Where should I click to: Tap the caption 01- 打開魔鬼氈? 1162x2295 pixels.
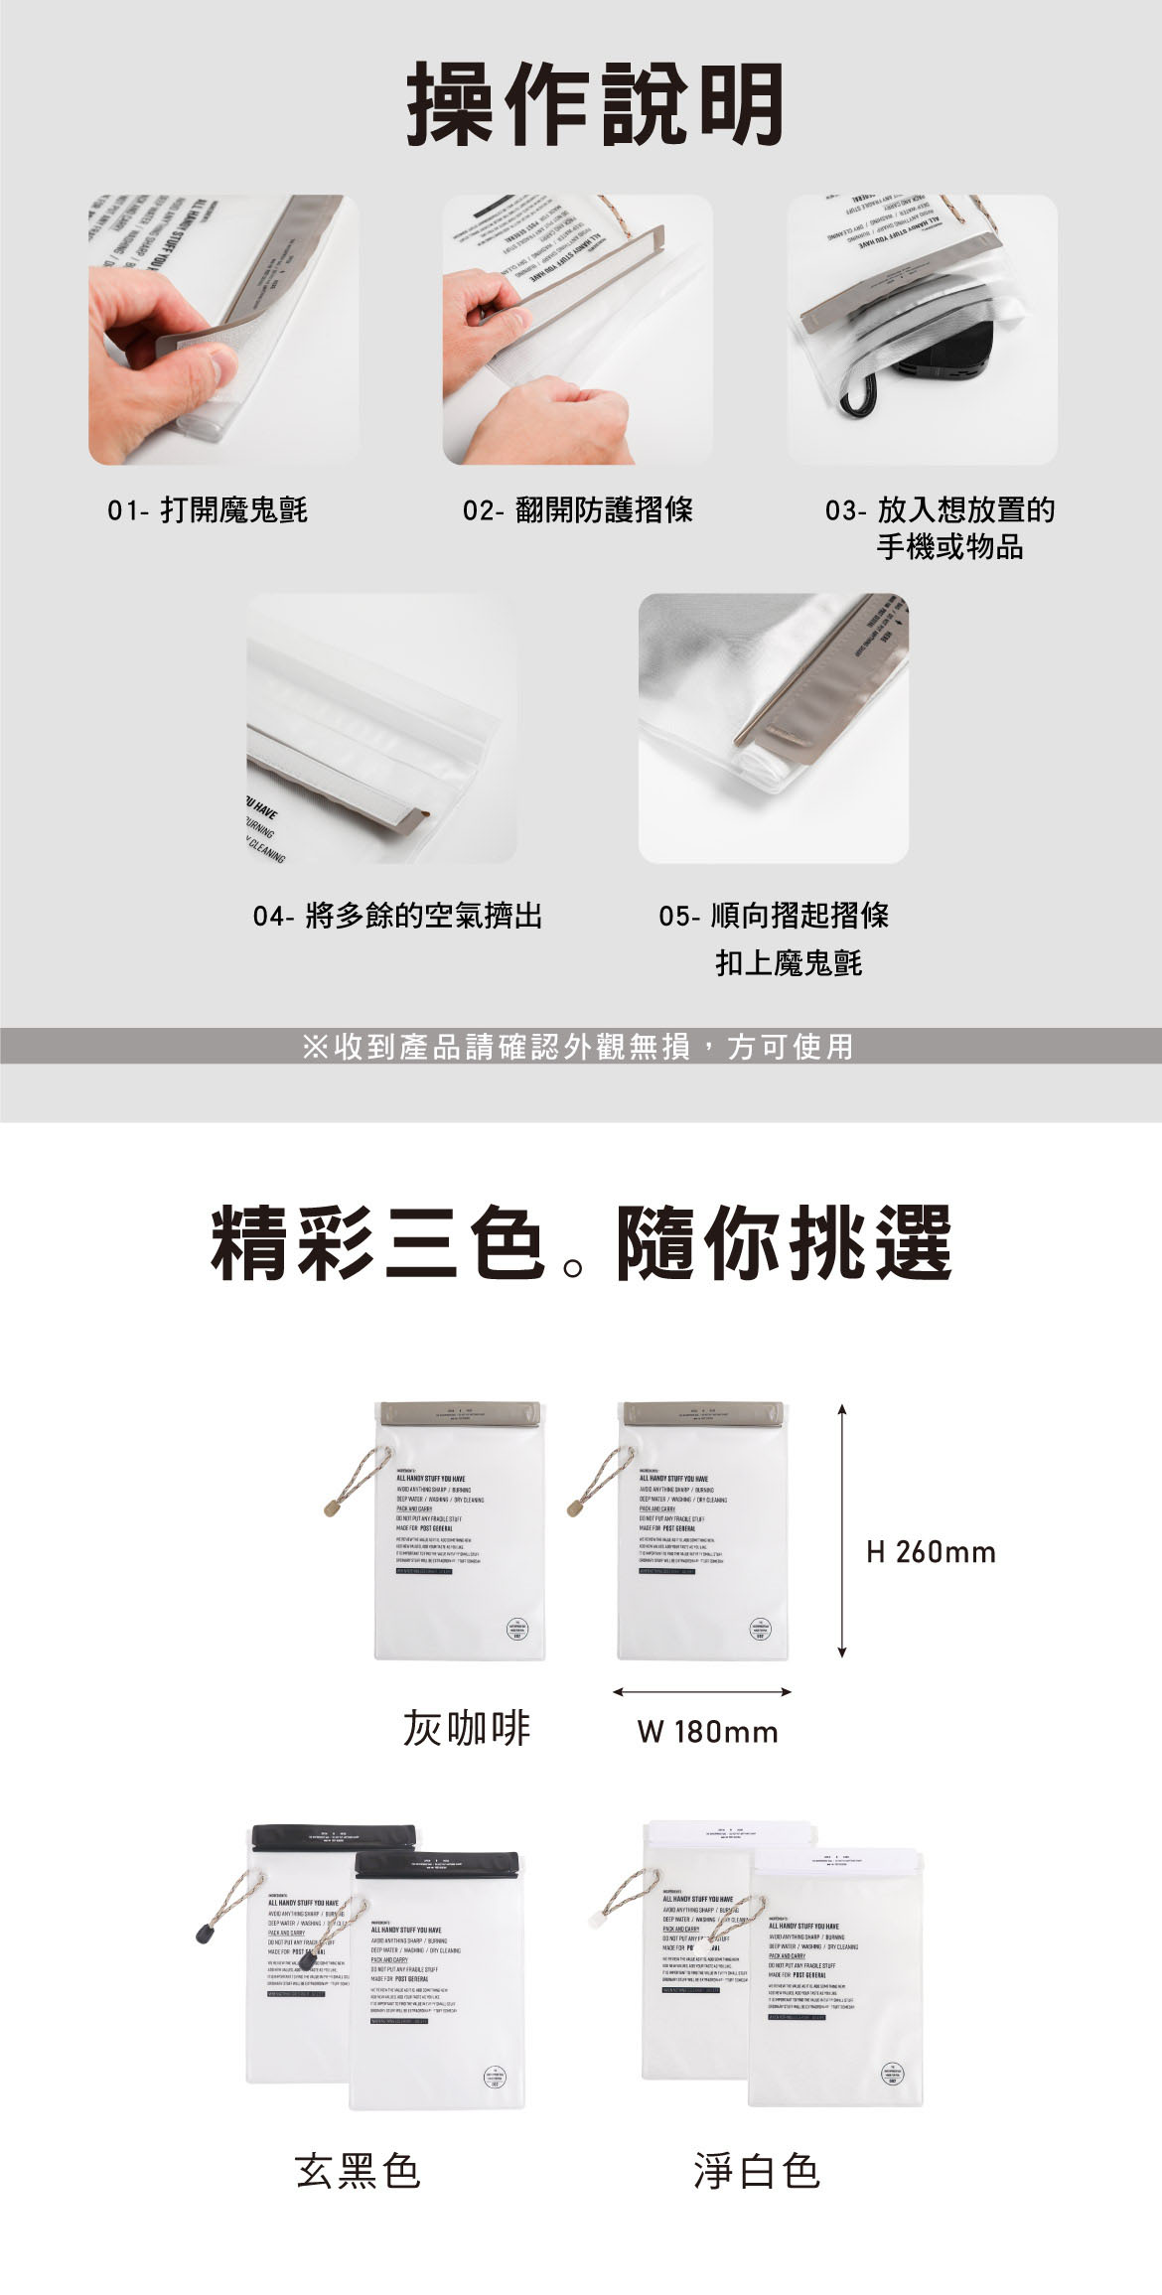(208, 510)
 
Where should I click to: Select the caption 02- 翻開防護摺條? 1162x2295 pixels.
(578, 510)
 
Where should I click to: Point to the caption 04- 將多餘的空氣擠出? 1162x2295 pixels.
(397, 915)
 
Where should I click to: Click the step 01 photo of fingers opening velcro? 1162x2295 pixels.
(223, 330)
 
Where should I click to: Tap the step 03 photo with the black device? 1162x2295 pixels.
(922, 330)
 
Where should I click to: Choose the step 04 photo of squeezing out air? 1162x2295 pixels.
(381, 728)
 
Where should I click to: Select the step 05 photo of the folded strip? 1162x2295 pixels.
(773, 728)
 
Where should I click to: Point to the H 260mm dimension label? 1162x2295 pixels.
(931, 1552)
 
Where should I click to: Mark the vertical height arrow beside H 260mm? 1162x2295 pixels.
(841, 1530)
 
